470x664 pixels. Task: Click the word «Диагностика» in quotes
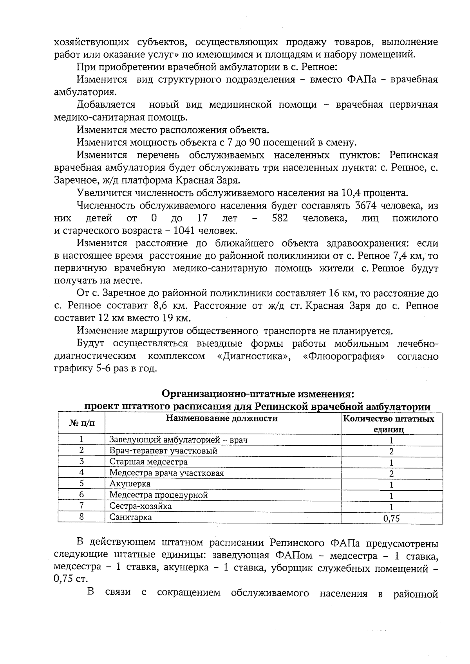[x=253, y=356]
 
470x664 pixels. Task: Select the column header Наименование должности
[x=222, y=419]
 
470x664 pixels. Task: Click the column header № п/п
[x=81, y=423]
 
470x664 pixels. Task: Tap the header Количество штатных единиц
[x=389, y=424]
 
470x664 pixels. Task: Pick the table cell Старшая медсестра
[x=148, y=462]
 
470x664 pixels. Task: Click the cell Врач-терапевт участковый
[x=163, y=451]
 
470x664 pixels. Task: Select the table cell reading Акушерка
[x=130, y=484]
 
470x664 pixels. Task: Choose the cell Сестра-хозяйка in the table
[x=141, y=506]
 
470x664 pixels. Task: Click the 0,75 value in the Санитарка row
[x=391, y=519]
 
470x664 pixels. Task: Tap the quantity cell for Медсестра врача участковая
[x=391, y=473]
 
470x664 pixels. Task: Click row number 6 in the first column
[x=81, y=495]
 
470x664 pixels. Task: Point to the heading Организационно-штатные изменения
[x=258, y=393]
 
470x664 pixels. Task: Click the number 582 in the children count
[x=280, y=218]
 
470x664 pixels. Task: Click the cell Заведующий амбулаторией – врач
[x=178, y=440]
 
